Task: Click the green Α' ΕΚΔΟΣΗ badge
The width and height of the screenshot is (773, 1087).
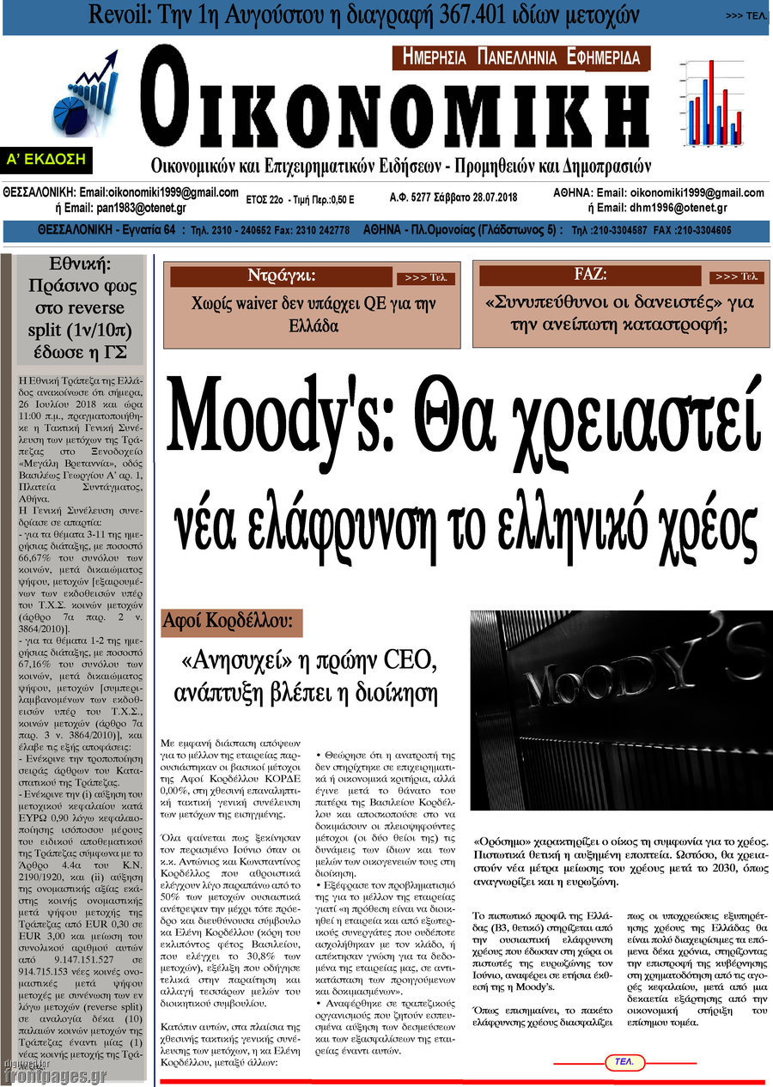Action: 46,160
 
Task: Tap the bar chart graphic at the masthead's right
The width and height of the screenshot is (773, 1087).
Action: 710,103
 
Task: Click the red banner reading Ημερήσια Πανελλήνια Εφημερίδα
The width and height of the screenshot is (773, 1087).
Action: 521,58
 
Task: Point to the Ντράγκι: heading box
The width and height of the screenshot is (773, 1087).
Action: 281,276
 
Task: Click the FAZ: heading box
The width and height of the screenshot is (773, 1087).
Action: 590,276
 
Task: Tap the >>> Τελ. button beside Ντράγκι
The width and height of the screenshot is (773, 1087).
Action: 425,278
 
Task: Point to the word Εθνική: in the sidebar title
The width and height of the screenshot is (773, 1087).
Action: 76,264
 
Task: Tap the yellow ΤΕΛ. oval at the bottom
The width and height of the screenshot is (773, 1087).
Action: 624,1062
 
